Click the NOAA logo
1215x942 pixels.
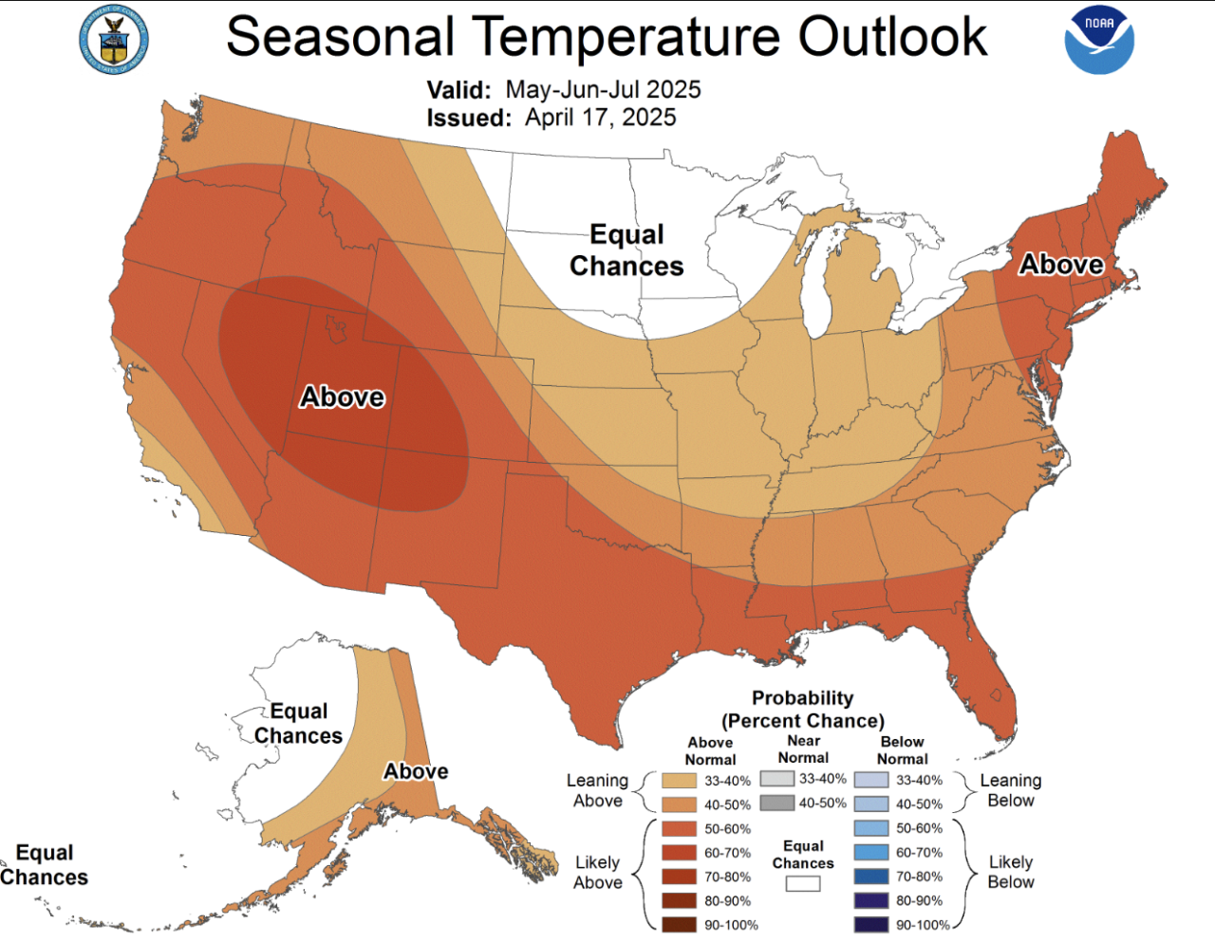point(1099,40)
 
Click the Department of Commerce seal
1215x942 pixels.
point(114,40)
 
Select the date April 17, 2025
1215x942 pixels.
point(600,118)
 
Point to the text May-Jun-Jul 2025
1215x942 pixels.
point(603,89)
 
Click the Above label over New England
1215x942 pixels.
point(1060,264)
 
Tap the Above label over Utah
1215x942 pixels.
point(342,397)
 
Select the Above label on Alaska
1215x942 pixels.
point(416,771)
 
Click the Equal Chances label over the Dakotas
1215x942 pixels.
point(626,249)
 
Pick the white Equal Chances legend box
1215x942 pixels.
point(802,883)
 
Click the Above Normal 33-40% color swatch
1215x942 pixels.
point(679,781)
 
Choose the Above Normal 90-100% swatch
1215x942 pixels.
point(679,925)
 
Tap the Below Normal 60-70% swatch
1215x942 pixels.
point(871,853)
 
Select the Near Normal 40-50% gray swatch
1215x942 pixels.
point(776,803)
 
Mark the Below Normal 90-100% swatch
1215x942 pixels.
point(871,925)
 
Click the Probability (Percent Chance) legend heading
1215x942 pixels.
point(802,710)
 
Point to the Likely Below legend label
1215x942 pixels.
point(1010,872)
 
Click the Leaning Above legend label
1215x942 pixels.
point(597,790)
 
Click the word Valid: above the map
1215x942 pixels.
point(458,90)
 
